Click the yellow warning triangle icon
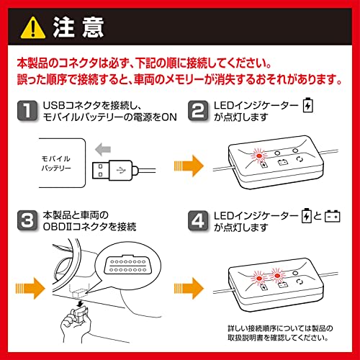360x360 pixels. (x=33, y=28)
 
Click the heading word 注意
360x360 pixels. (x=78, y=27)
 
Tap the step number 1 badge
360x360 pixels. (x=27, y=111)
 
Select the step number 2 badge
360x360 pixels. (x=198, y=111)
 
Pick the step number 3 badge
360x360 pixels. (x=27, y=220)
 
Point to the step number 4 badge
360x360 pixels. (x=198, y=220)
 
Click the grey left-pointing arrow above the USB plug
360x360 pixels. (x=103, y=149)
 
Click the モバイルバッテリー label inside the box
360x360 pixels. (x=56, y=163)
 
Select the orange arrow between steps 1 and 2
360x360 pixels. (x=189, y=166)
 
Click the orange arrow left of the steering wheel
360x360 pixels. (x=30, y=288)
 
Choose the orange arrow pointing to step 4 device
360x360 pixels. (x=189, y=288)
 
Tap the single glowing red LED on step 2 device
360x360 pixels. (x=259, y=156)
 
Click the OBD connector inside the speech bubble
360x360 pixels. (x=128, y=264)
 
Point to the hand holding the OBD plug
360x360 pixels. (x=76, y=322)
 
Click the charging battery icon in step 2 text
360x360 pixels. (x=307, y=105)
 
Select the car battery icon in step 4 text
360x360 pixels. (x=333, y=216)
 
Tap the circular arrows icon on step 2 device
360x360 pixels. (x=300, y=159)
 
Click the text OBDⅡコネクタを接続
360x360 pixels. (x=89, y=227)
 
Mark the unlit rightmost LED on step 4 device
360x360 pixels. (x=295, y=274)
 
